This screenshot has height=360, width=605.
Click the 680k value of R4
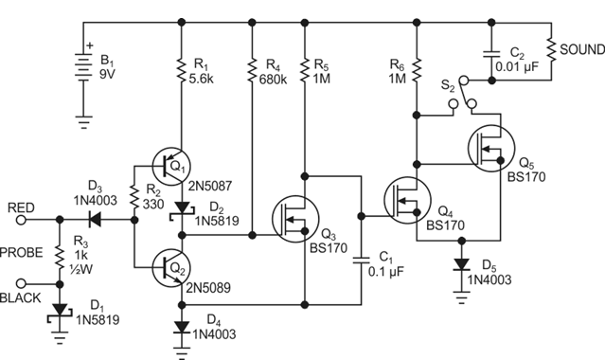coord(274,81)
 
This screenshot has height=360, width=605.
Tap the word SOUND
coord(578,47)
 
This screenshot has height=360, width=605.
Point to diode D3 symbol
coord(94,219)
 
